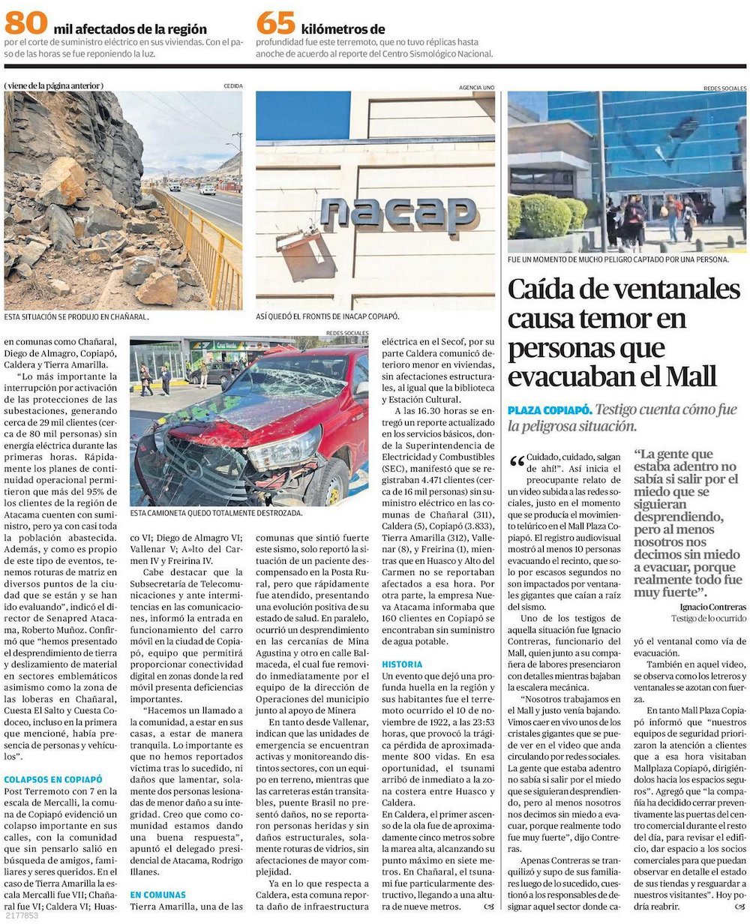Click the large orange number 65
tap(275, 22)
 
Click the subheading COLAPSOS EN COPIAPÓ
tap(53, 779)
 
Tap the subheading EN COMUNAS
tap(157, 895)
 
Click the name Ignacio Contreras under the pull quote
tap(712, 606)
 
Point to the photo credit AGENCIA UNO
tap(476, 88)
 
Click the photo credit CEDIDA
tap(232, 86)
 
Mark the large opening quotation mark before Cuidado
tap(517, 461)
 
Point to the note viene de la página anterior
tap(54, 85)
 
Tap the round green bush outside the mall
tap(545, 216)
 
